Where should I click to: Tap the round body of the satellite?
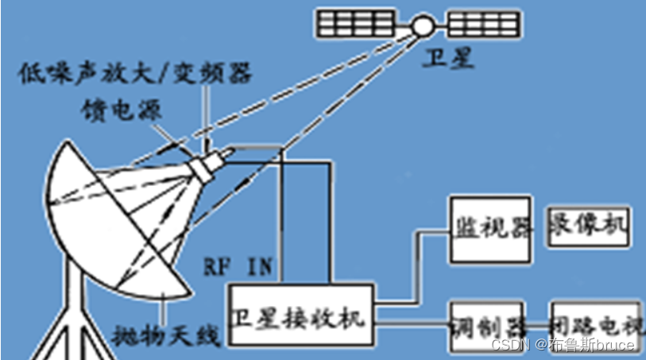421,25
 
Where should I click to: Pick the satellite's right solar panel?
484,25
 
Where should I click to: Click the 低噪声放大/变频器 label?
137,74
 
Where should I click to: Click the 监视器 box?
489,228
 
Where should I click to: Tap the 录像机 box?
588,228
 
